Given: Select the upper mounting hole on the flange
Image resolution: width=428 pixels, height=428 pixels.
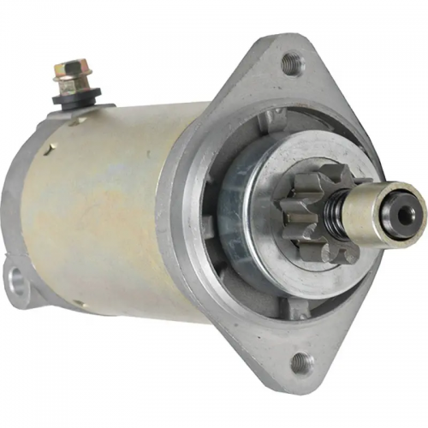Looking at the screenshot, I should (x=291, y=61).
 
